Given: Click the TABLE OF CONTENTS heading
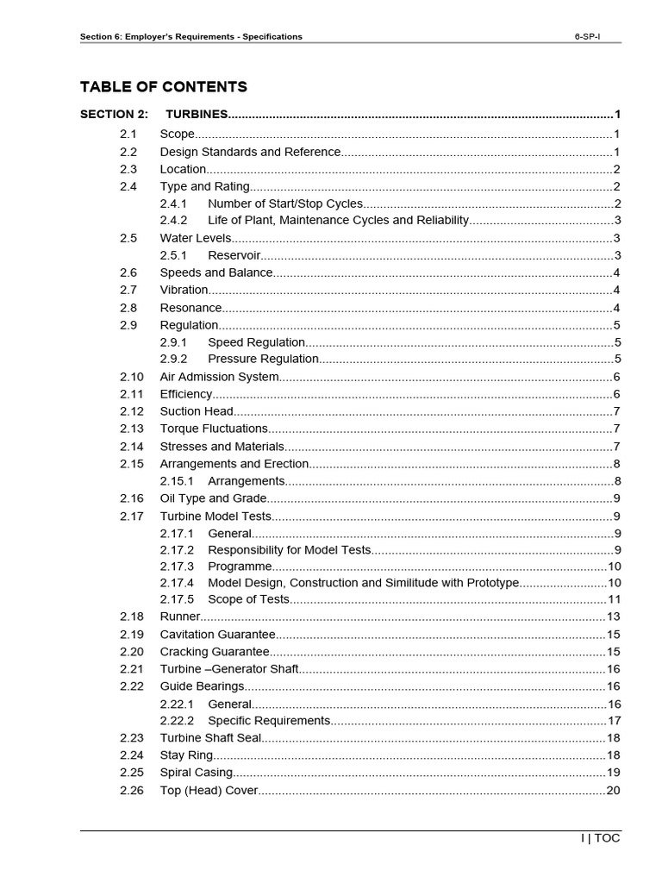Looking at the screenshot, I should click(x=163, y=86).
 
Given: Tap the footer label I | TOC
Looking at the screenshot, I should click(x=600, y=838).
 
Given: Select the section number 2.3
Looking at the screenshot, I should click(x=128, y=169).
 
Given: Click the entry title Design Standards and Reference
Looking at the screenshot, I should click(x=250, y=152).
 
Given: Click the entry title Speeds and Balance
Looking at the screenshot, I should click(x=216, y=272).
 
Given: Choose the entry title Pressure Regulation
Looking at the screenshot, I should click(x=263, y=360).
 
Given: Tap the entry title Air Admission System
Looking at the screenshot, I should click(x=219, y=377).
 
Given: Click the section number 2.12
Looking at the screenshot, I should click(x=132, y=411).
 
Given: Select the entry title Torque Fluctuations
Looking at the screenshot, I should click(x=214, y=429).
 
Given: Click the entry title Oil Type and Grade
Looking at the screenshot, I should click(x=213, y=498).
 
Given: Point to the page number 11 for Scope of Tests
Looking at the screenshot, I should click(x=615, y=599).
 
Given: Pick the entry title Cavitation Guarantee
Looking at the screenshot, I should click(x=218, y=634).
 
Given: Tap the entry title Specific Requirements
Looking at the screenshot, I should click(x=269, y=721).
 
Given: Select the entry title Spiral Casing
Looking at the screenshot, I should click(x=196, y=773).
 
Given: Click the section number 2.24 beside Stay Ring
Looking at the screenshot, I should click(x=132, y=755).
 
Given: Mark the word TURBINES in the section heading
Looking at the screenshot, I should click(x=197, y=114).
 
